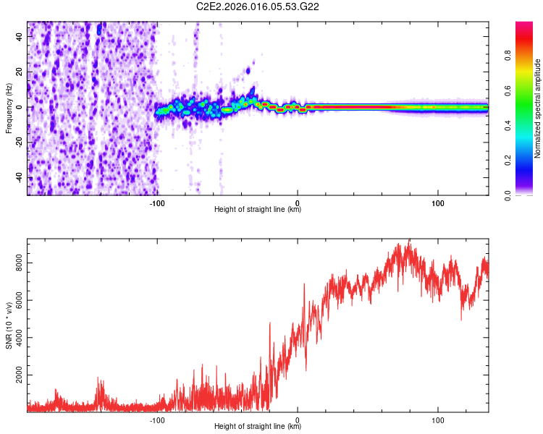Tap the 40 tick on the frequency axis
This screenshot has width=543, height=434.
pos(20,37)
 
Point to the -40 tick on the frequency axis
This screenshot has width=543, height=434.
pos(20,177)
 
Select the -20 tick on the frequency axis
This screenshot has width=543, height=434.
pos(20,142)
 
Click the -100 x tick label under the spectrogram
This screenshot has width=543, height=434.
pos(157,202)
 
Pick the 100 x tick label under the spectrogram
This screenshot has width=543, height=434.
pos(437,202)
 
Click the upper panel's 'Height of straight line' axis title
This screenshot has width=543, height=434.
pos(258,210)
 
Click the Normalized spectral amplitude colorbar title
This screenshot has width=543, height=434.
pos(538,109)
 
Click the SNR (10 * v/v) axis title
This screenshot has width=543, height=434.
pos(9,325)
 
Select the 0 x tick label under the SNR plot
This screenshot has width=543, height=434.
pos(298,419)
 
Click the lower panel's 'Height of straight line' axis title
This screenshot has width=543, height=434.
pos(258,427)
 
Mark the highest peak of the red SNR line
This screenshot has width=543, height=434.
pos(409,240)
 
